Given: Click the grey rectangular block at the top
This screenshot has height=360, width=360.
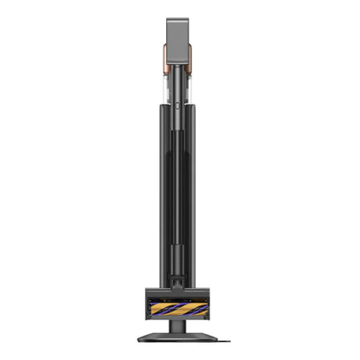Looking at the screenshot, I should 180,39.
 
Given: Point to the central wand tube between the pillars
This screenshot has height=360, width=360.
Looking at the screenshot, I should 180,173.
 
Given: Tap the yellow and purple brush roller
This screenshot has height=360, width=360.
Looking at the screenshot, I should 180,306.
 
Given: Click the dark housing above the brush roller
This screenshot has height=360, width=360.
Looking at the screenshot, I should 180,292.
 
